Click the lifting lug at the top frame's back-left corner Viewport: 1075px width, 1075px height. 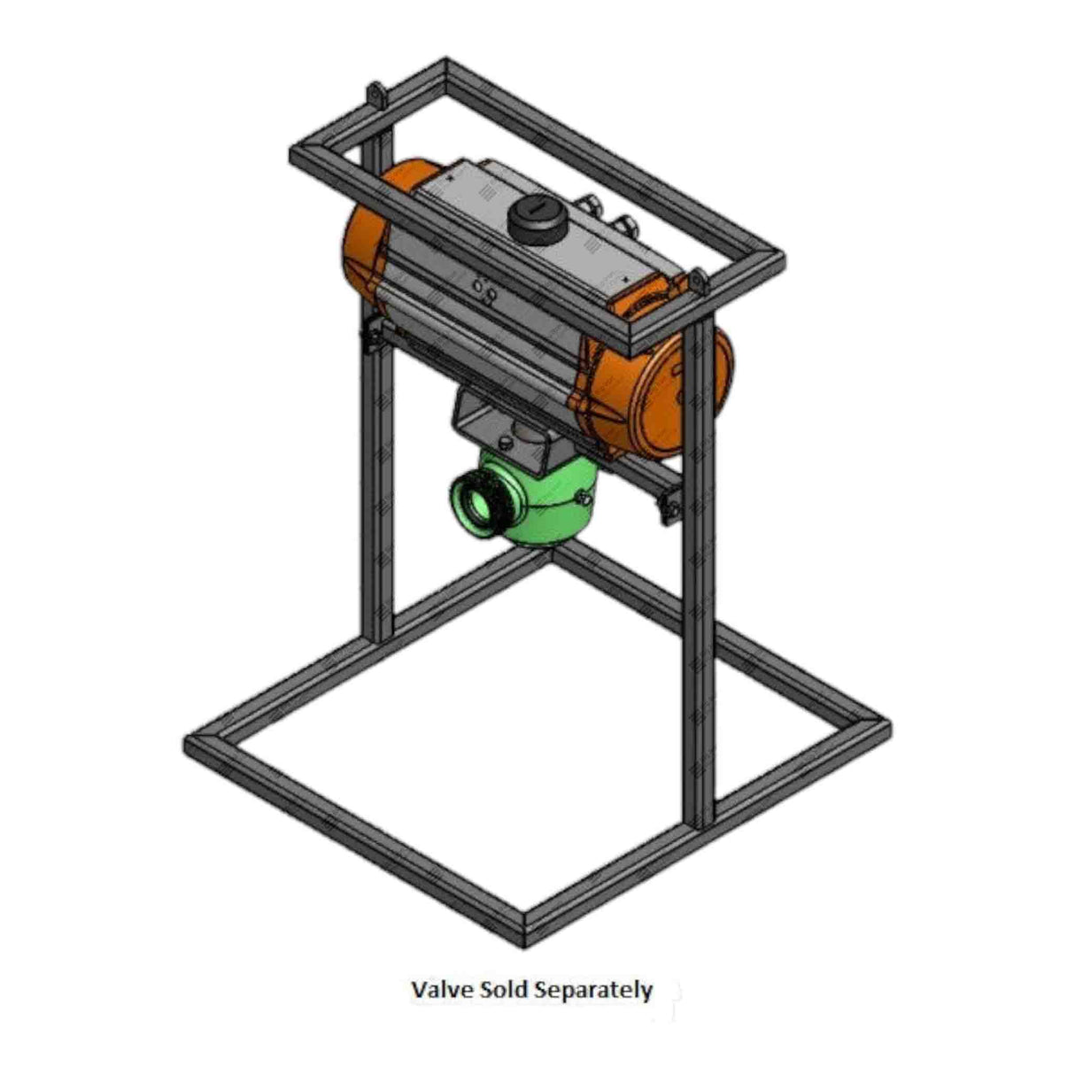377,96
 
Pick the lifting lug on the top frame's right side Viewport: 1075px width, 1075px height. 700,282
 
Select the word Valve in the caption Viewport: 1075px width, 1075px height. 437,989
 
